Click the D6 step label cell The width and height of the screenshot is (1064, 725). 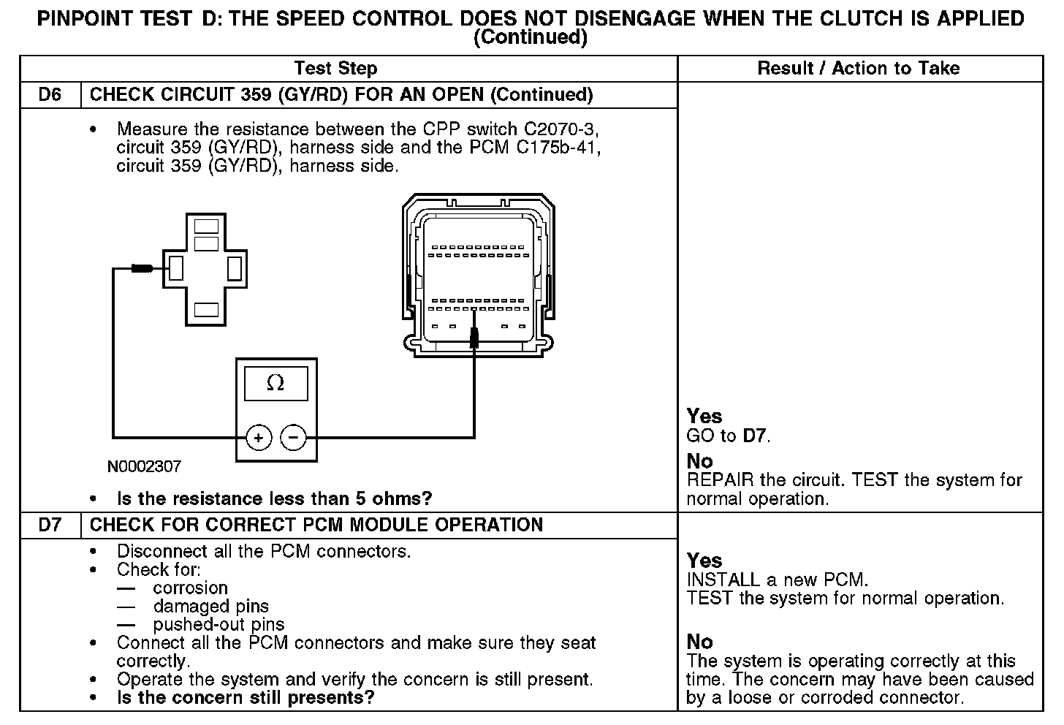(x=50, y=95)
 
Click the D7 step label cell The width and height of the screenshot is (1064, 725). (x=50, y=525)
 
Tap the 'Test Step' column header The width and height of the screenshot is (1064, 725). (x=335, y=69)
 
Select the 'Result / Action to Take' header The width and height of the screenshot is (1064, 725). (x=859, y=69)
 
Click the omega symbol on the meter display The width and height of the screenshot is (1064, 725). (x=275, y=383)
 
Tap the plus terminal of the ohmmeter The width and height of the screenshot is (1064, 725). (x=258, y=438)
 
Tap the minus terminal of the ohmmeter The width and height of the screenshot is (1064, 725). (x=294, y=438)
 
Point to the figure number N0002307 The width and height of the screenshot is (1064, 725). (x=144, y=466)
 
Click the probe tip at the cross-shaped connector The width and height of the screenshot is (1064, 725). (x=142, y=269)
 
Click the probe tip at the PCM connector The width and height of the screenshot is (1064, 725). (x=474, y=338)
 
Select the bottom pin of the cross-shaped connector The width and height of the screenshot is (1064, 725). (x=207, y=309)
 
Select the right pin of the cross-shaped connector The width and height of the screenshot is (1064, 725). (x=235, y=269)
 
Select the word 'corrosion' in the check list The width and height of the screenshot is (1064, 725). (x=191, y=588)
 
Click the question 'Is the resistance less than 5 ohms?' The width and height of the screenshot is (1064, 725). (x=274, y=499)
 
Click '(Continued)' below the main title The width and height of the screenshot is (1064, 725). (x=531, y=37)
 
